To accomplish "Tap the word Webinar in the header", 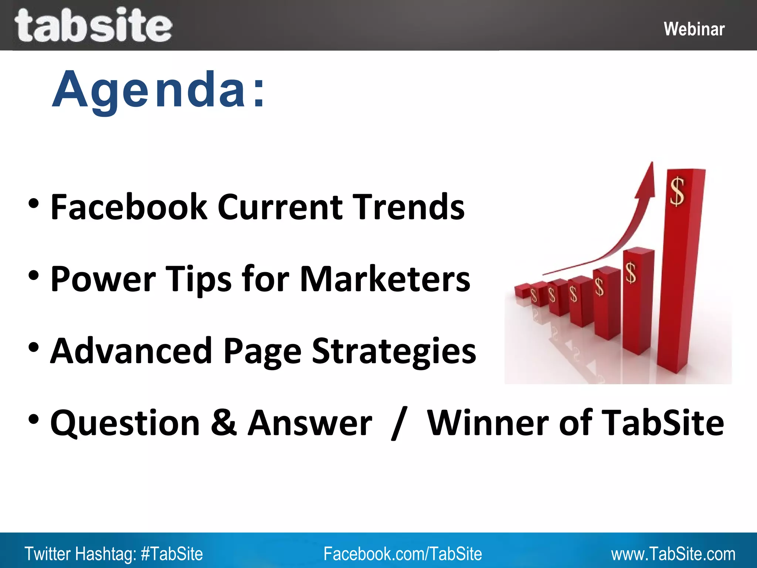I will (x=694, y=29).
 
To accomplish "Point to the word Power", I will (x=103, y=280).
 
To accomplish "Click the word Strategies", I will (x=394, y=351).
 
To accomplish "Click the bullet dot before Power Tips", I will (x=33, y=275).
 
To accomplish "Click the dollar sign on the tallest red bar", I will (x=677, y=192).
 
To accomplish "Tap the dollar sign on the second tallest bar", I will (x=631, y=273).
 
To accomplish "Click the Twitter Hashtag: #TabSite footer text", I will (x=113, y=554).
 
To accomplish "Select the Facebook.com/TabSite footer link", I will (x=403, y=554).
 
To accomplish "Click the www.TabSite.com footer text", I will (x=673, y=554).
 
